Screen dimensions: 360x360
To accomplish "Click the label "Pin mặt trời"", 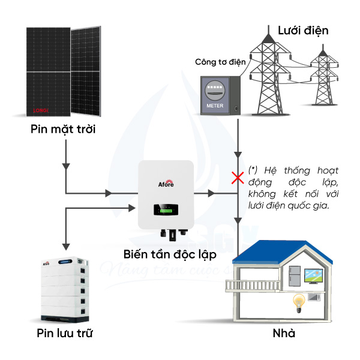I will (62, 129).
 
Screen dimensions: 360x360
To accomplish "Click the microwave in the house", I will (314, 297).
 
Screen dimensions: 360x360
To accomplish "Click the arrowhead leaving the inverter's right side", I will (211, 193).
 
